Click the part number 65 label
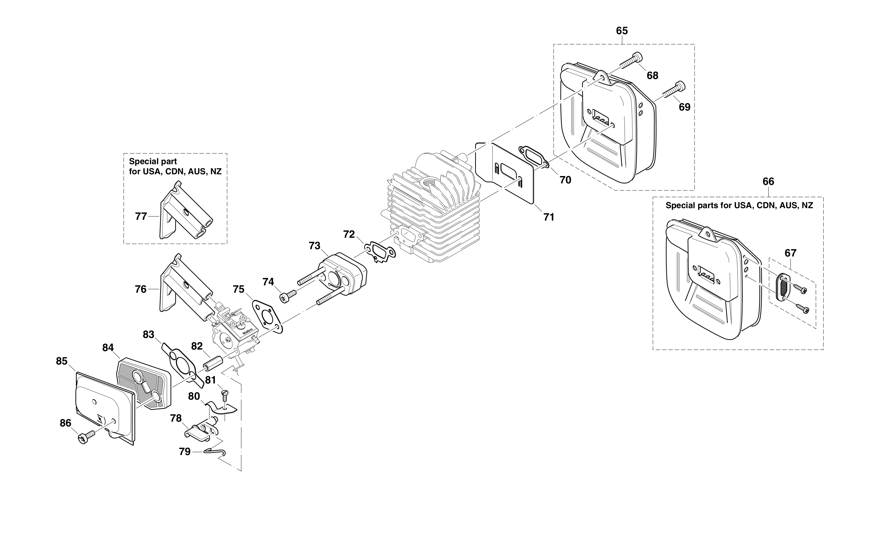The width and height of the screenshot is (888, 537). (x=622, y=31)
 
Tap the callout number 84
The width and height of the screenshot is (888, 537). (x=108, y=348)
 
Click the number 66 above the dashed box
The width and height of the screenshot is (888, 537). (x=768, y=182)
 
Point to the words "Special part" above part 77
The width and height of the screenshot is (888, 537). (x=153, y=161)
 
